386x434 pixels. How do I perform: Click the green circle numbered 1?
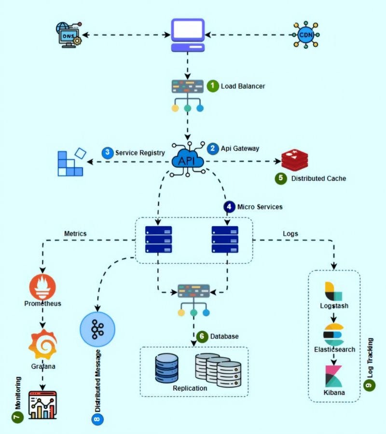[x=213, y=86]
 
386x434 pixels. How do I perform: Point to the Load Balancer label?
[x=243, y=86]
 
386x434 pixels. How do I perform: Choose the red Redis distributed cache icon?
[x=294, y=161]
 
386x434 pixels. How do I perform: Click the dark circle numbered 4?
[x=229, y=206]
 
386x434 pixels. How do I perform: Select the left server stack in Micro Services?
[x=159, y=239]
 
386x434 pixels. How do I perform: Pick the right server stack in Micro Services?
[x=225, y=239]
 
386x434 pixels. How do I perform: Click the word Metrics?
[x=75, y=234]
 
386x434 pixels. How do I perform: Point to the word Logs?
[x=290, y=234]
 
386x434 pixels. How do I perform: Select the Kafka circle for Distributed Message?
[x=97, y=329]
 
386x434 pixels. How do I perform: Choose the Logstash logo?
[x=333, y=291]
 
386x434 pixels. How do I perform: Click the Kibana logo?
[x=334, y=376]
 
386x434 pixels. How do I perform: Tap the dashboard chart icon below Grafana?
[x=42, y=405]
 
